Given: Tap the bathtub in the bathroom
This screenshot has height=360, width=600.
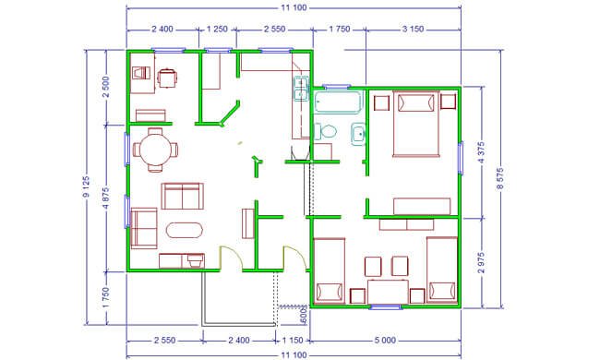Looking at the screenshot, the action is tap(338, 102).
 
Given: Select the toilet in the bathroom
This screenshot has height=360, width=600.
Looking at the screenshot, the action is tap(326, 131).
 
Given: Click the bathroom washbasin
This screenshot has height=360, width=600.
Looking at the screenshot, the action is tap(358, 134).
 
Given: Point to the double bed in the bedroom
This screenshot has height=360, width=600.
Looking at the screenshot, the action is tap(416, 123).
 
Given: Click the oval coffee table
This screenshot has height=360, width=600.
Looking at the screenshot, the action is tap(185, 230).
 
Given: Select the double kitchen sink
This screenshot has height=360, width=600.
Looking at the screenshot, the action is tap(301, 89).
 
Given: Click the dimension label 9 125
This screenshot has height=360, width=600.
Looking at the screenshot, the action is tap(86, 186).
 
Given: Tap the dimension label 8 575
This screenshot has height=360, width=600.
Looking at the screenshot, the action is tap(500, 178).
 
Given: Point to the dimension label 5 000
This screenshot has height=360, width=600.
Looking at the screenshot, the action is tap(385, 340).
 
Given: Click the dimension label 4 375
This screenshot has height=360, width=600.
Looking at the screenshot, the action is tap(482, 152).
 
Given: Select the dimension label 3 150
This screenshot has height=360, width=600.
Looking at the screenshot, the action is tap(413, 29).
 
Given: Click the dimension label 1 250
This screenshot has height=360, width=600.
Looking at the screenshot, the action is tap(217, 29).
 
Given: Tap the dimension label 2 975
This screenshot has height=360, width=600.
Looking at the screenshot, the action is tap(482, 262).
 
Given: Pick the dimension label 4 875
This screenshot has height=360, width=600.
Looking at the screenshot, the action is tap(106, 198).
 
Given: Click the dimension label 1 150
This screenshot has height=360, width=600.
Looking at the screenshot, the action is tap(293, 340).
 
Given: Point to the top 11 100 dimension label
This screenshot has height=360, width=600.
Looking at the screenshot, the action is tap(294, 7).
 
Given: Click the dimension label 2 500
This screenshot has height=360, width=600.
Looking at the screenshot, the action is tap(106, 87).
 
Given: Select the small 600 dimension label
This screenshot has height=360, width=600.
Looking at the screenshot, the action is tap(305, 315).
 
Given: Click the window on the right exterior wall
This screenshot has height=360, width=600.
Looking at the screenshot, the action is tap(461, 158).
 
